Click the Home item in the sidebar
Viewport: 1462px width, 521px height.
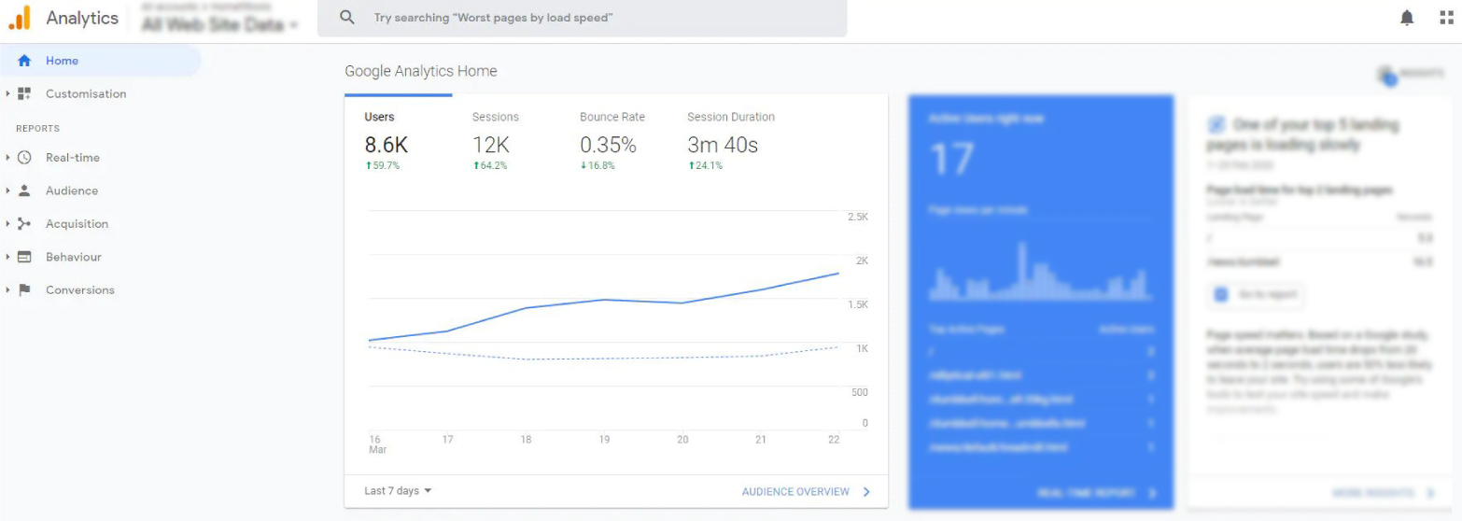coord(62,61)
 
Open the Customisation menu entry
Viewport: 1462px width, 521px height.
coord(85,93)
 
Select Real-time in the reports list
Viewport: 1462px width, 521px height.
coord(72,158)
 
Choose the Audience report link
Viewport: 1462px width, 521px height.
coord(71,190)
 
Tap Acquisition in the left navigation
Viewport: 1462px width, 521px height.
coord(77,224)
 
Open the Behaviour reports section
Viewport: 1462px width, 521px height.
coord(73,257)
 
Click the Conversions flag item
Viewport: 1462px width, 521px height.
coord(79,290)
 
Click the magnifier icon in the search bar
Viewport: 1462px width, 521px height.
coord(347,18)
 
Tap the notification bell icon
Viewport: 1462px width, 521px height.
coord(1407,18)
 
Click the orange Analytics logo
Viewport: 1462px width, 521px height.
coord(20,18)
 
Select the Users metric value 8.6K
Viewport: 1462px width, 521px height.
coord(386,145)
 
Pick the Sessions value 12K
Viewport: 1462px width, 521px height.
coord(490,145)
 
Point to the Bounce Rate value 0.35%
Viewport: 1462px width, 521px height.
coord(608,145)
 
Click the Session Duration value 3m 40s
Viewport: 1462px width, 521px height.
coord(723,145)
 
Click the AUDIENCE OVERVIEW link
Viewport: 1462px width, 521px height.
coord(795,492)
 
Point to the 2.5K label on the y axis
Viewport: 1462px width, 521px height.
coord(857,217)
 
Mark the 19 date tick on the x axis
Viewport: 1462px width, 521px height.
coord(604,440)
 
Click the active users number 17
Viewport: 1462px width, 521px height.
coord(952,160)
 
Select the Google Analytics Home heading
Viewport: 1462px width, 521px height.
coord(421,71)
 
